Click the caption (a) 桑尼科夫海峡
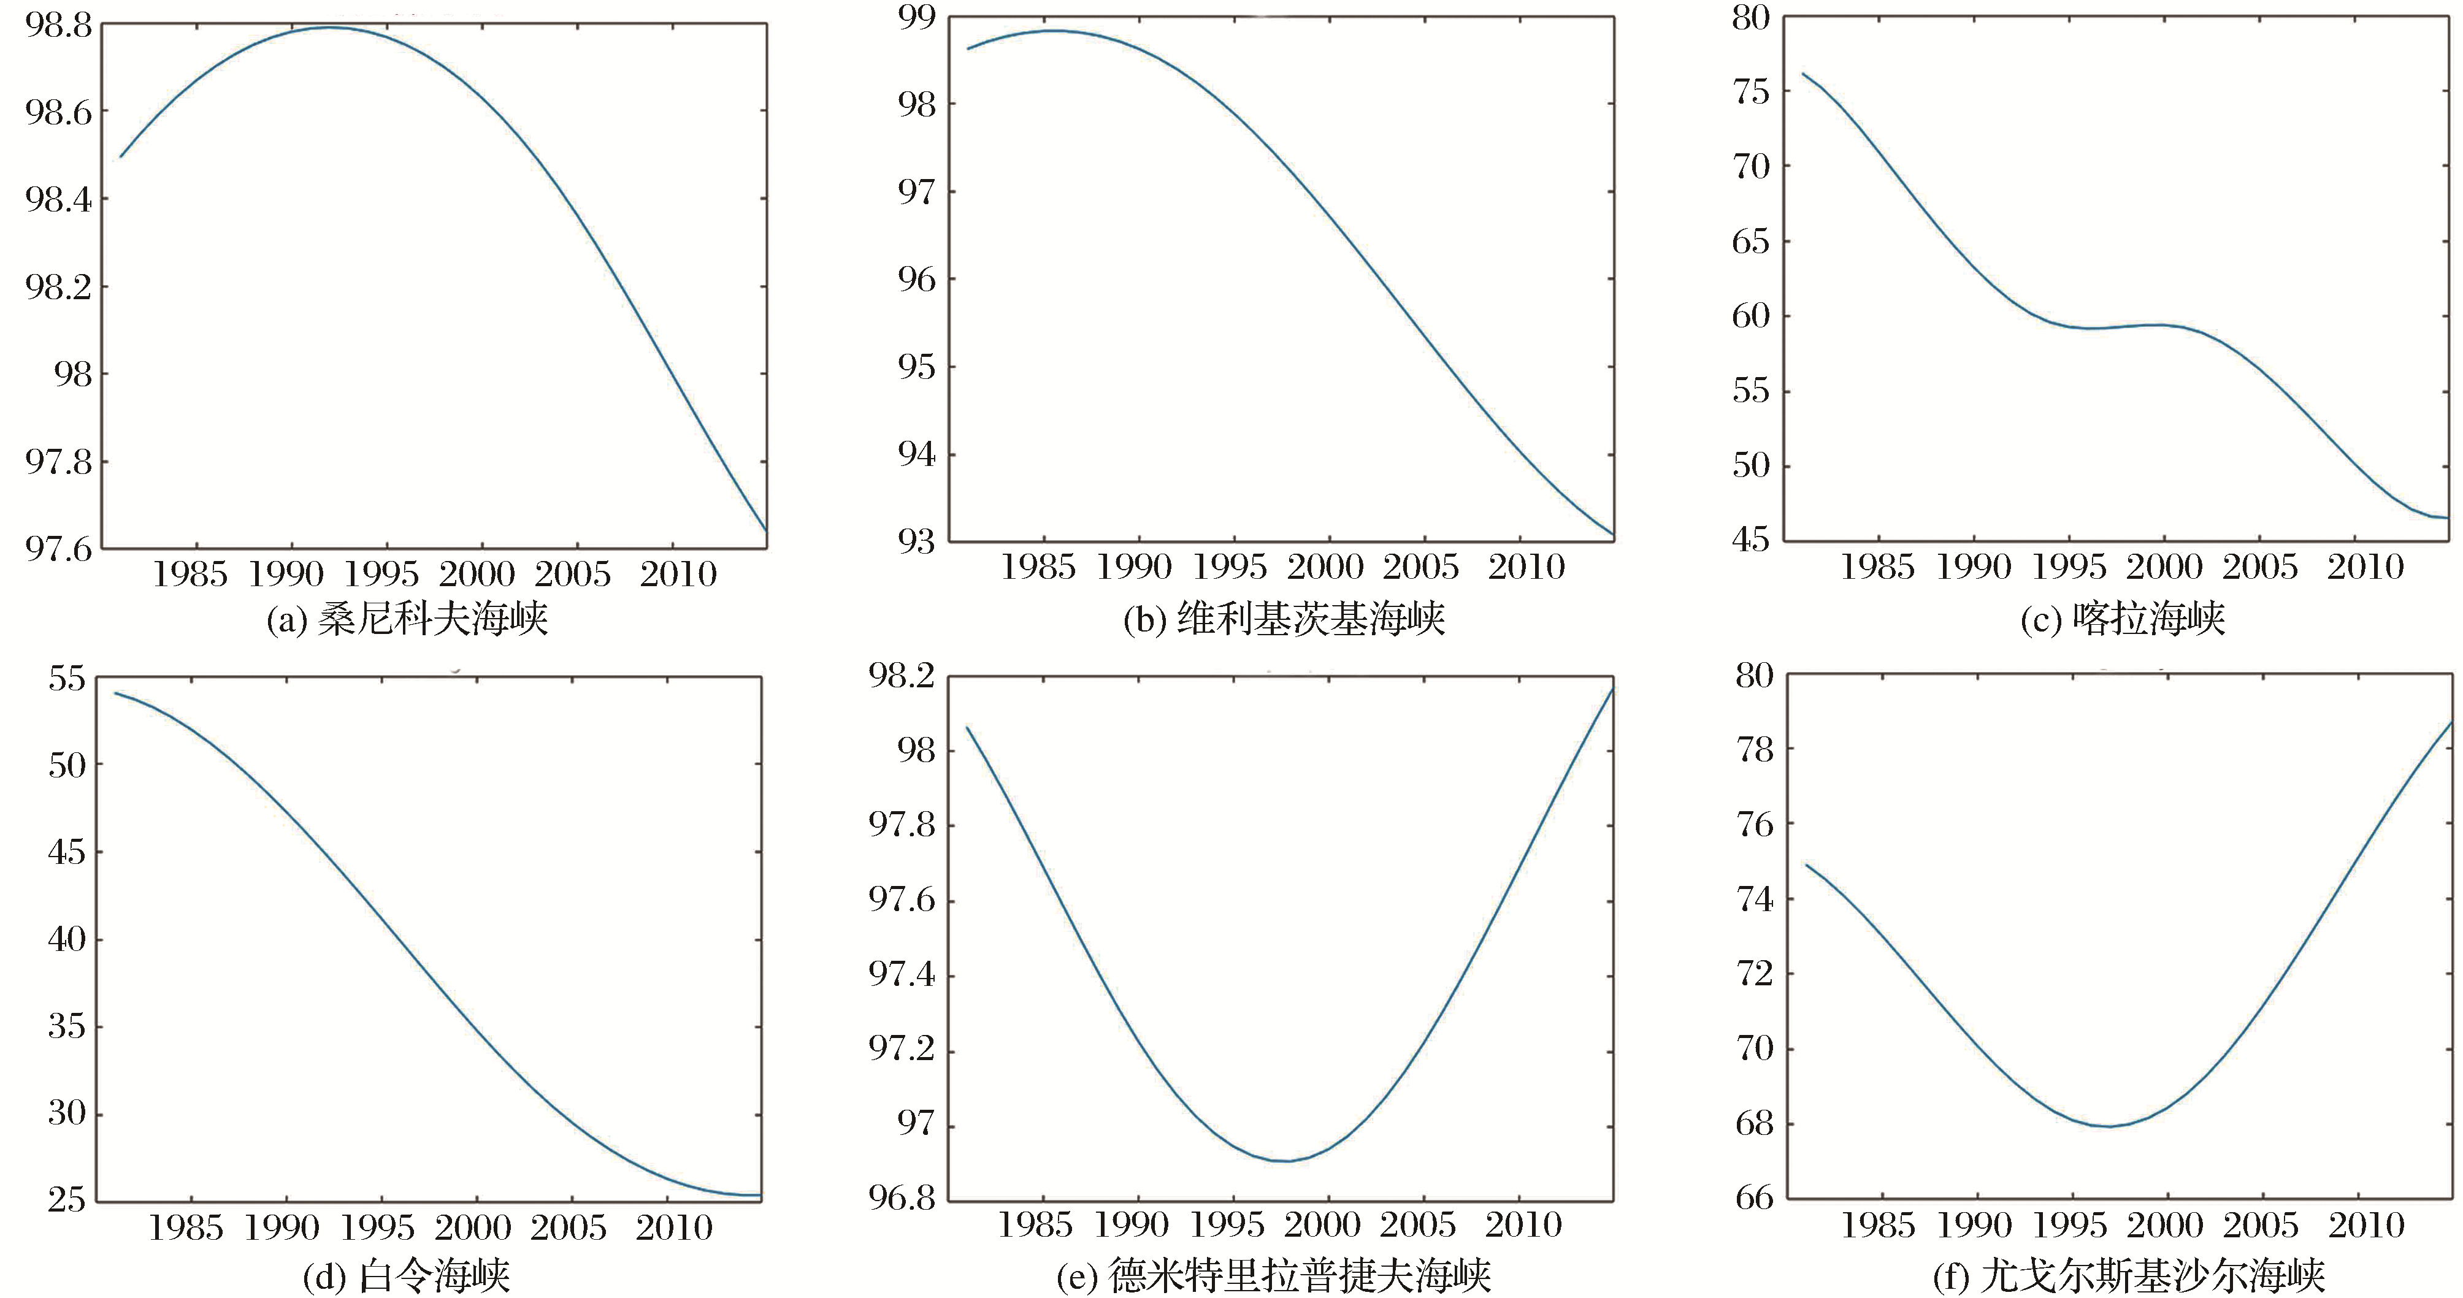coord(407,619)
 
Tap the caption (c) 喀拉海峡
coord(2123,619)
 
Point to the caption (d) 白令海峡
coord(407,1275)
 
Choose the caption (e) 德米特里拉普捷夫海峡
coord(1274,1275)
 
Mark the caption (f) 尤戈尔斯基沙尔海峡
coord(2128,1275)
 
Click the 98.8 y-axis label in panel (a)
coord(58,26)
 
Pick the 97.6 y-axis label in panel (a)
coord(58,549)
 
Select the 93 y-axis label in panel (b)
coord(916,541)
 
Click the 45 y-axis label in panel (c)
coord(1751,540)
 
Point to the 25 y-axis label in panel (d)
coord(67,1199)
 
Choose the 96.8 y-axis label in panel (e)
coord(901,1197)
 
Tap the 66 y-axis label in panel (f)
coord(1755,1197)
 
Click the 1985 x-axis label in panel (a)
coord(190,575)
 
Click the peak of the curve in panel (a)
coord(330,28)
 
